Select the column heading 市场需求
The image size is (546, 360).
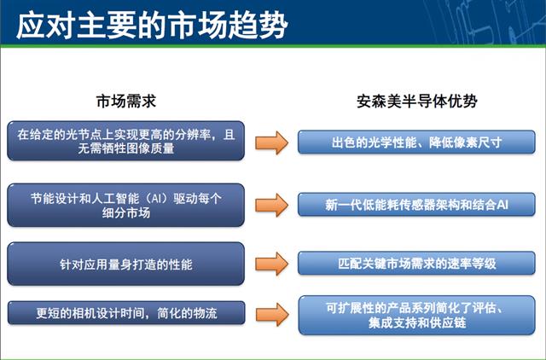click(x=126, y=102)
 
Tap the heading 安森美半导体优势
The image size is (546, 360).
click(x=417, y=102)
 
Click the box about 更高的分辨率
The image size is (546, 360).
click(x=125, y=141)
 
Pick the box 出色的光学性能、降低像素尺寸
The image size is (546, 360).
click(x=416, y=142)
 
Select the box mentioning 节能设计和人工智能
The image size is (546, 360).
click(x=125, y=205)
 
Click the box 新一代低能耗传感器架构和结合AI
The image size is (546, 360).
click(x=416, y=205)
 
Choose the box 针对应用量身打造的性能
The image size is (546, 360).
click(x=125, y=264)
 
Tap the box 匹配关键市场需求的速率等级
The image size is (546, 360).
click(x=416, y=264)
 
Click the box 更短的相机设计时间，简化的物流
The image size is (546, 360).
click(x=126, y=313)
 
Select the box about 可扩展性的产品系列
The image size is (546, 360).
click(x=417, y=316)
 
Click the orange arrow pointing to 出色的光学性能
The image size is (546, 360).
click(x=271, y=142)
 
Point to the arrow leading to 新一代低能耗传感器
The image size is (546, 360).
click(x=271, y=205)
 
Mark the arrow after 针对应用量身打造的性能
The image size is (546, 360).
click(x=271, y=264)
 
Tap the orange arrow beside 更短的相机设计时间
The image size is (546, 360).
click(x=272, y=314)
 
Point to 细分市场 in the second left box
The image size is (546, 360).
click(x=126, y=212)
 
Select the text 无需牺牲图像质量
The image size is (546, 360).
click(x=126, y=148)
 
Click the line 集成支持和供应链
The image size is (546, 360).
click(x=417, y=322)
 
